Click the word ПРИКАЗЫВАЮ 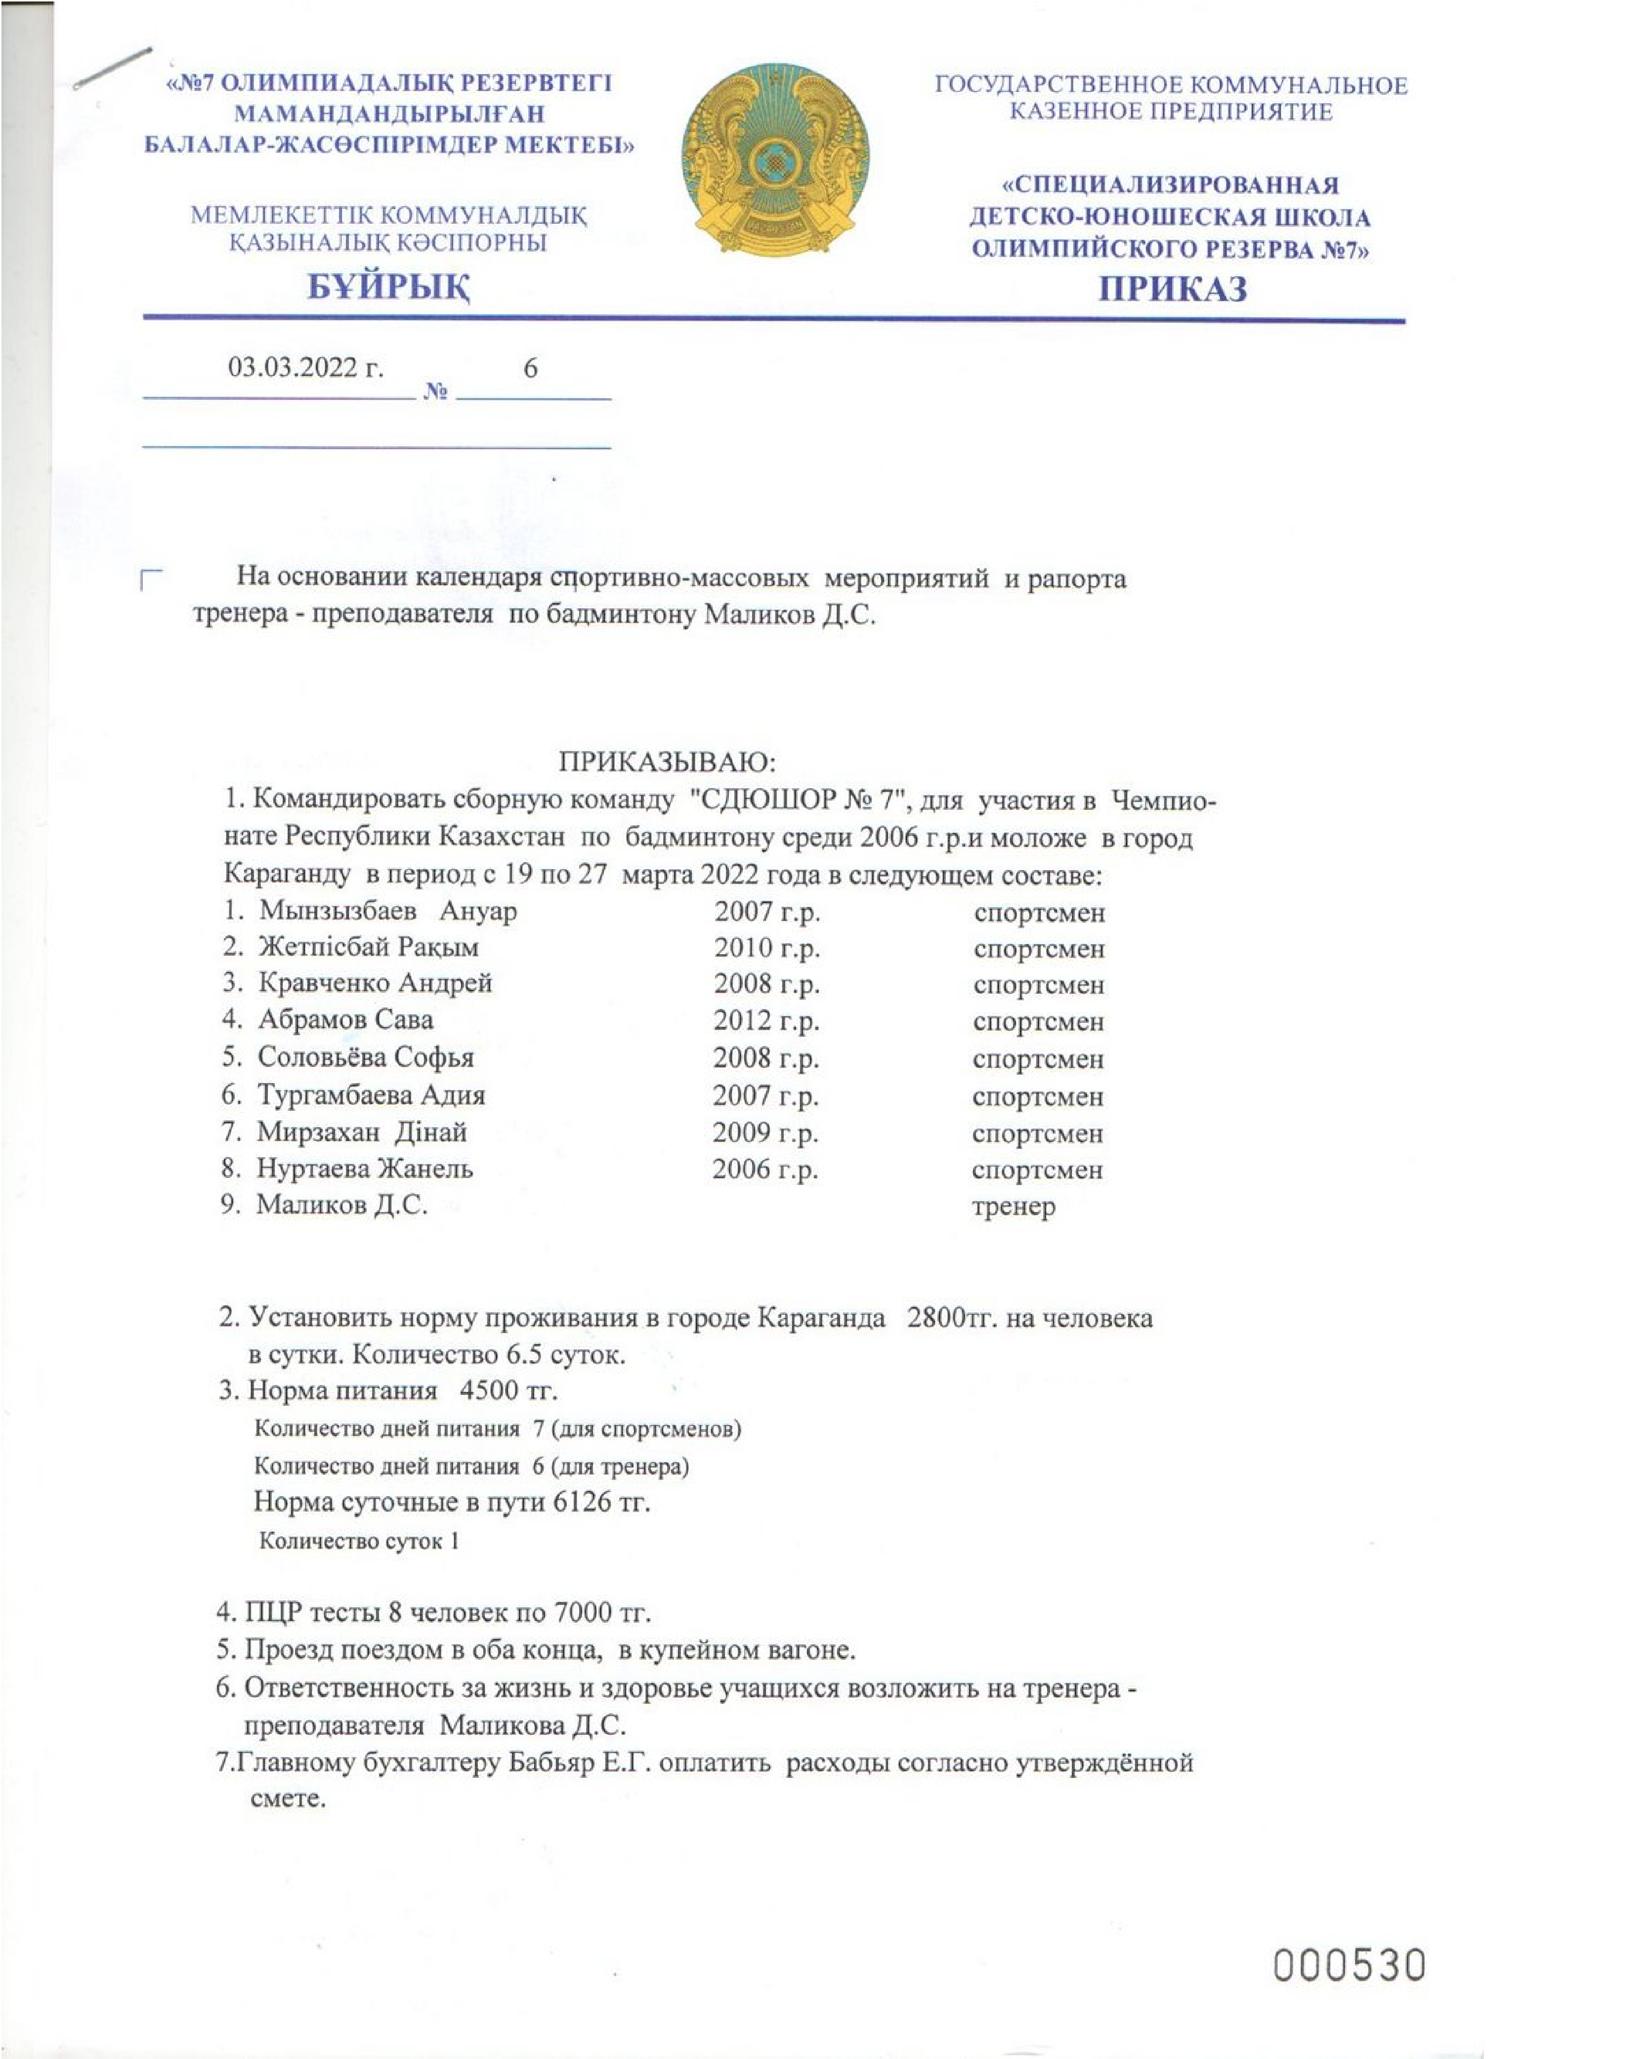click(667, 762)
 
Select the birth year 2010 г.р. click(766, 947)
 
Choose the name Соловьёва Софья click(365, 1057)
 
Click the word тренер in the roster click(1013, 1206)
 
